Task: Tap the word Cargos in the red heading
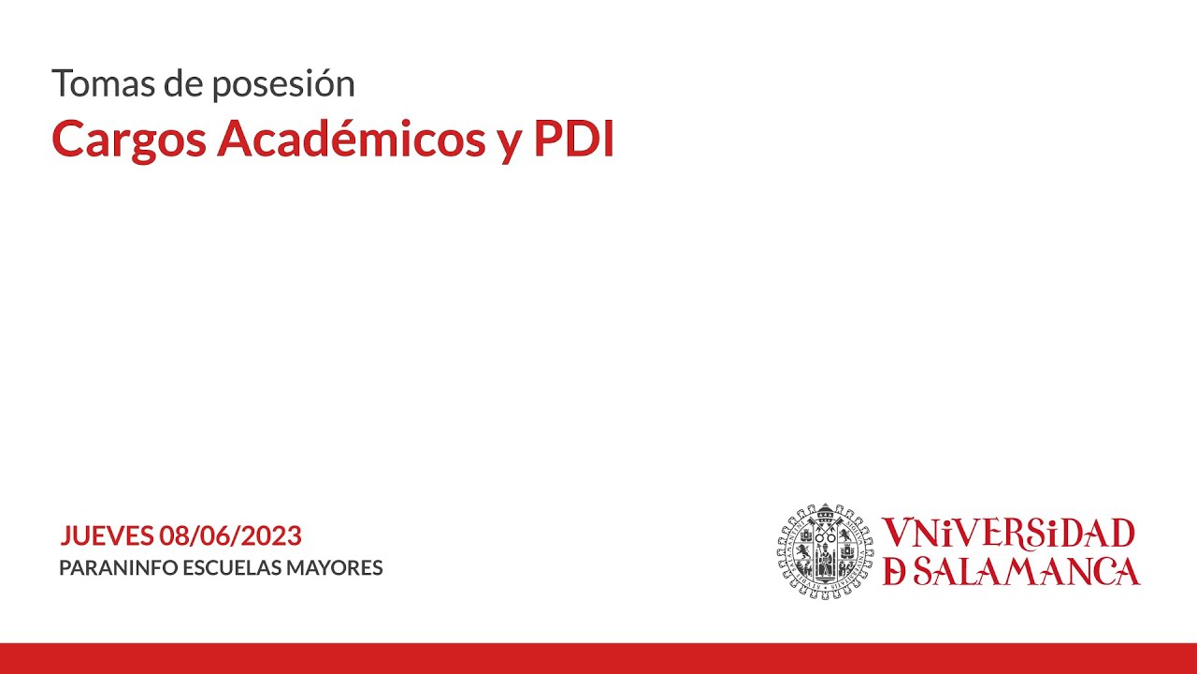[129, 140]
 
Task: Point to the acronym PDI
[574, 139]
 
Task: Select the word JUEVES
[107, 535]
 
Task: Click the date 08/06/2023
[230, 535]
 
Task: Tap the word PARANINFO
[118, 567]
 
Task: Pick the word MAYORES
[335, 567]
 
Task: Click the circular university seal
[825, 551]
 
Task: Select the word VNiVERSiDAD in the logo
[1008, 534]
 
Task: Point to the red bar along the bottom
[598, 658]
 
